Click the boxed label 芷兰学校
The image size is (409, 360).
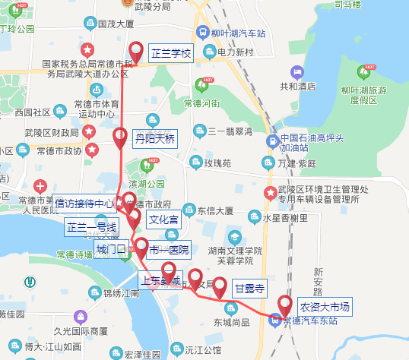pos(171,53)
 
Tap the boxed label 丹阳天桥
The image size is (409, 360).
pos(154,139)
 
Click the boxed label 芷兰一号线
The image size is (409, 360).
pos(91,226)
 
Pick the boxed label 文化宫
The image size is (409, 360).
pos(163,220)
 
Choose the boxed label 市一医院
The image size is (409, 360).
pos(168,250)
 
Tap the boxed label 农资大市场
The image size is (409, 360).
pos(325,307)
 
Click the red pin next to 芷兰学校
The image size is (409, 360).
pos(137,51)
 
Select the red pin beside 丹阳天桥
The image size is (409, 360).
pos(120,137)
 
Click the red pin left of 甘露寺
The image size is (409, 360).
pos(220,287)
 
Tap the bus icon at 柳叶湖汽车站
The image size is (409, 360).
pos(202,33)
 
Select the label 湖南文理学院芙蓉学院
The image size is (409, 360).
pos(237,254)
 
